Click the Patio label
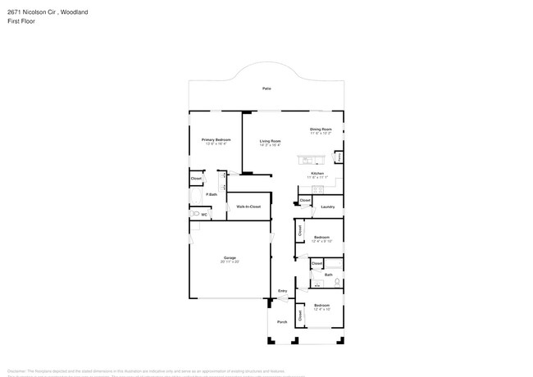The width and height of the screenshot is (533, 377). tap(266, 88)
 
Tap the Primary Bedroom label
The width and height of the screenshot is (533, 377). tap(216, 140)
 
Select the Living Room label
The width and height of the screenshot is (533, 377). tap(270, 140)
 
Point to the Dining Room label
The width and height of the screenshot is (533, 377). tap(321, 129)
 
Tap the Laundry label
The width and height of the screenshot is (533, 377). tap(327, 207)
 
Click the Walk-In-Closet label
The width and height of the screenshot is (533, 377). tap(248, 207)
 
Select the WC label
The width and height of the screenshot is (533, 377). tap(204, 214)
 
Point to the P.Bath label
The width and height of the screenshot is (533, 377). tap(212, 194)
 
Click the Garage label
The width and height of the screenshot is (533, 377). tap(230, 258)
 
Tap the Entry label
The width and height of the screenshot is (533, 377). tap(283, 291)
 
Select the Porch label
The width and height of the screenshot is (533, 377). tap(282, 321)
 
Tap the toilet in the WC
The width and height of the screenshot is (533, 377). tap(195, 214)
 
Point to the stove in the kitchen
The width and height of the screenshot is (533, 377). tap(321, 188)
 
